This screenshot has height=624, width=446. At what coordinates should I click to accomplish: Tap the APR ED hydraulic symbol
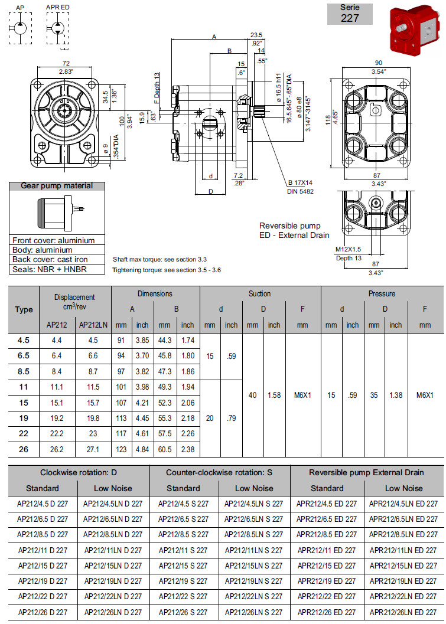tap(58, 25)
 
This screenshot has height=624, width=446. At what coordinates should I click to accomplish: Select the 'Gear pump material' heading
tap(57, 186)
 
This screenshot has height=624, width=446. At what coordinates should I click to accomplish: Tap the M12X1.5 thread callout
tap(349, 250)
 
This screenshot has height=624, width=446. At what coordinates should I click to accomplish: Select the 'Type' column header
tap(24, 309)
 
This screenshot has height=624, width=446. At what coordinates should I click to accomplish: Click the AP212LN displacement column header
tap(92, 325)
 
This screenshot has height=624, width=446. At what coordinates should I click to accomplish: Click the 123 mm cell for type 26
tap(121, 450)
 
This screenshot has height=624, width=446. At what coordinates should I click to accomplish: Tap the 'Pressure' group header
tap(382, 293)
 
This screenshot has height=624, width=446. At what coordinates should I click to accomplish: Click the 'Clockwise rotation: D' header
tap(78, 472)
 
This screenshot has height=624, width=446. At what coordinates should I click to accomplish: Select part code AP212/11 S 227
tap(183, 550)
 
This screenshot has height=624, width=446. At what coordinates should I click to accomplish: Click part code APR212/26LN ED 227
tap(403, 612)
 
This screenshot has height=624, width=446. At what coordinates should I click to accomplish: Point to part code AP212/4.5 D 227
tap(42, 504)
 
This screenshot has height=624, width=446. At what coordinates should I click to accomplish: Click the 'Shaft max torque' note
tap(159, 259)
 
